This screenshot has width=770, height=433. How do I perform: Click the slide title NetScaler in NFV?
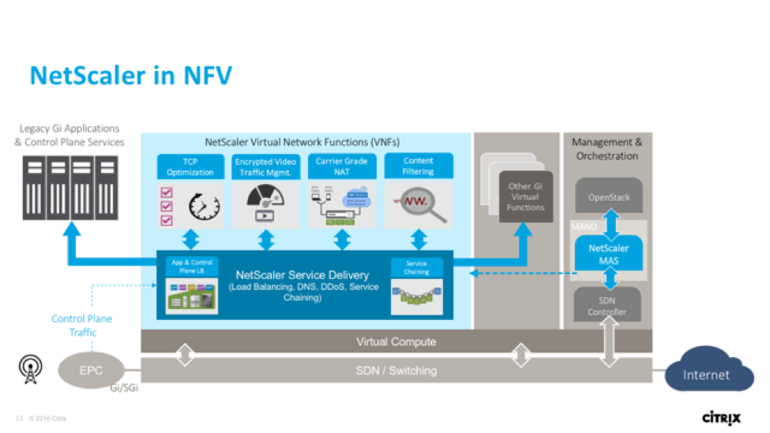131,75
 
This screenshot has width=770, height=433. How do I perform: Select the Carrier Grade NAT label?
342,166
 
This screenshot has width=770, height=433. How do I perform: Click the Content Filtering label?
418,166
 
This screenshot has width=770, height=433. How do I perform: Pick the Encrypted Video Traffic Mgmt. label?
266,166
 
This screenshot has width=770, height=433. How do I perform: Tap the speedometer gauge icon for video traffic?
266,202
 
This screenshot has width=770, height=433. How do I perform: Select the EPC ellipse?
92,370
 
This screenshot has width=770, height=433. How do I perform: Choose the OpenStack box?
609,198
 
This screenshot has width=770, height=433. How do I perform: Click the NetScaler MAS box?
609,253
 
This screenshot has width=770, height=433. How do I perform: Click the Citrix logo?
721,417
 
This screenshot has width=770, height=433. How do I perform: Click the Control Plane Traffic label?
82,326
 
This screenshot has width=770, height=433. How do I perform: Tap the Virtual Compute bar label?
396,342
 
